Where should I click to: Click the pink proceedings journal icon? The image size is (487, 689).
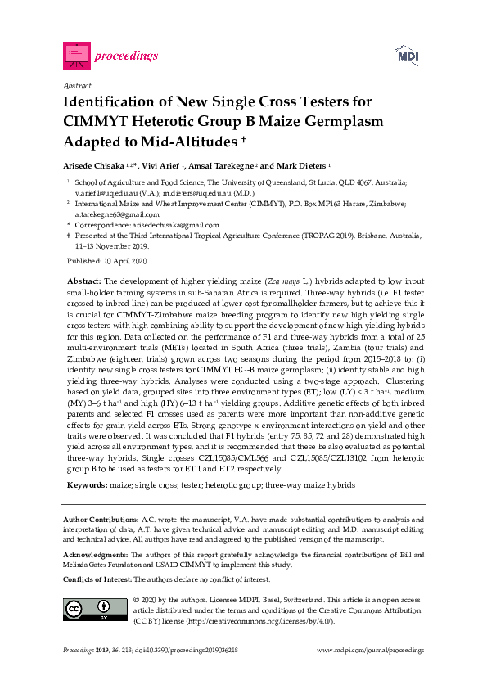pyautogui.click(x=76, y=56)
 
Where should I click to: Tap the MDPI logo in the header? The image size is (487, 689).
pyautogui.click(x=408, y=56)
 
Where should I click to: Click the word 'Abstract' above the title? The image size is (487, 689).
pyautogui.click(x=76, y=85)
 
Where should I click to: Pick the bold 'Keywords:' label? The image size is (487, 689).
pyautogui.click(x=85, y=485)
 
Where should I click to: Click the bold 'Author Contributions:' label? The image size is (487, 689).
pyautogui.click(x=101, y=520)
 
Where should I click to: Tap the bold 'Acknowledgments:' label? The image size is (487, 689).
pyautogui.click(x=96, y=555)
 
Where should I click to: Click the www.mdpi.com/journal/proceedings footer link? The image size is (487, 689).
pyautogui.click(x=370, y=650)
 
